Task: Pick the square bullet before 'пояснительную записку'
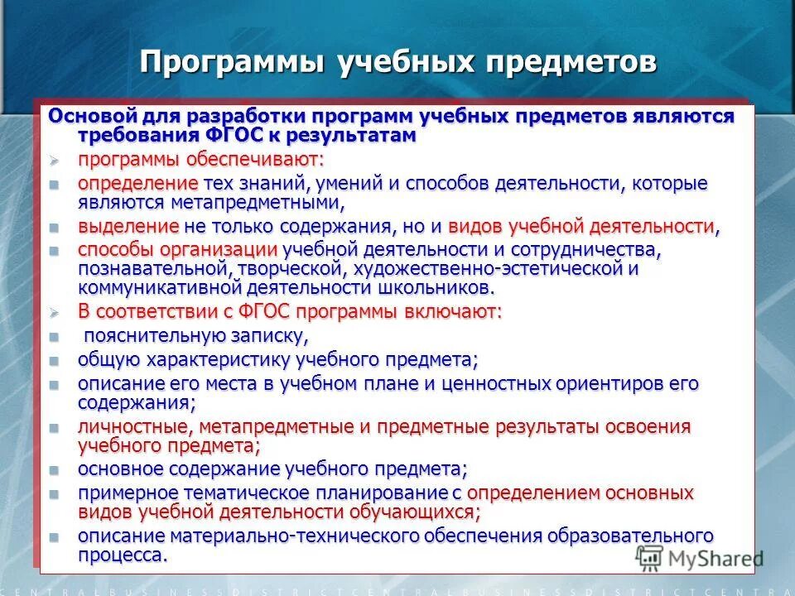[55, 337]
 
